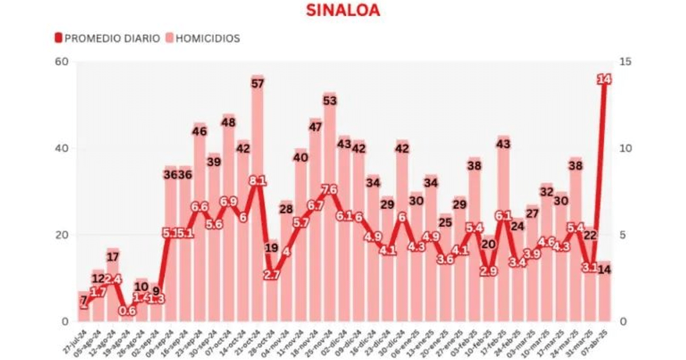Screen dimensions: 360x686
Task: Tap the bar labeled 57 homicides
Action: coord(257,200)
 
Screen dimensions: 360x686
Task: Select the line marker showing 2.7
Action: coord(272,275)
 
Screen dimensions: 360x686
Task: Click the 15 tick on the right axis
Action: coord(625,62)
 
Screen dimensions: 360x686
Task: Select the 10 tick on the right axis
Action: coord(625,149)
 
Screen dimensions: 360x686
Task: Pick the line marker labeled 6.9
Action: coord(228,202)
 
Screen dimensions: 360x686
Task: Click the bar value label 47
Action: coord(315,126)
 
